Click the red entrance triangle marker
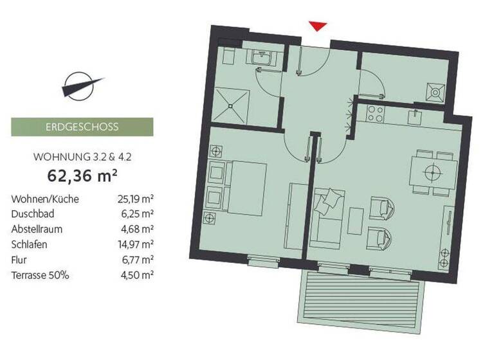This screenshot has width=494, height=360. pos(318,25)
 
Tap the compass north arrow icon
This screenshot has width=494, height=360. pos(82,85)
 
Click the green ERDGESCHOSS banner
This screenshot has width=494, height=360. pos(82,127)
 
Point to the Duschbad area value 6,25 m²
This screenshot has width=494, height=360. pos(138,213)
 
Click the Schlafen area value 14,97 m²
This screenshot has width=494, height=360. pos(137,244)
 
